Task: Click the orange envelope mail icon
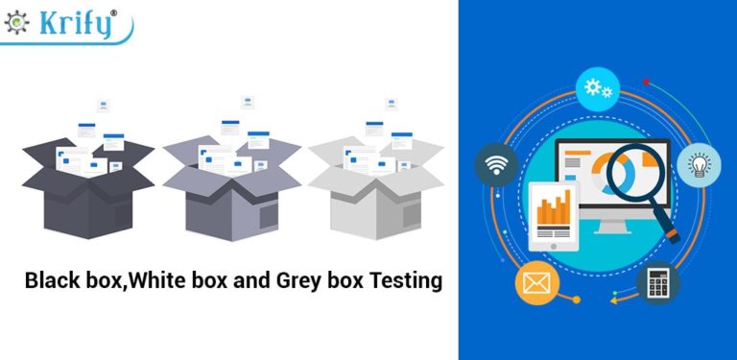(535, 282)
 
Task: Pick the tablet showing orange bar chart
(555, 212)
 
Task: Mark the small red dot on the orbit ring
(647, 82)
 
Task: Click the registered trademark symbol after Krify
(115, 12)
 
